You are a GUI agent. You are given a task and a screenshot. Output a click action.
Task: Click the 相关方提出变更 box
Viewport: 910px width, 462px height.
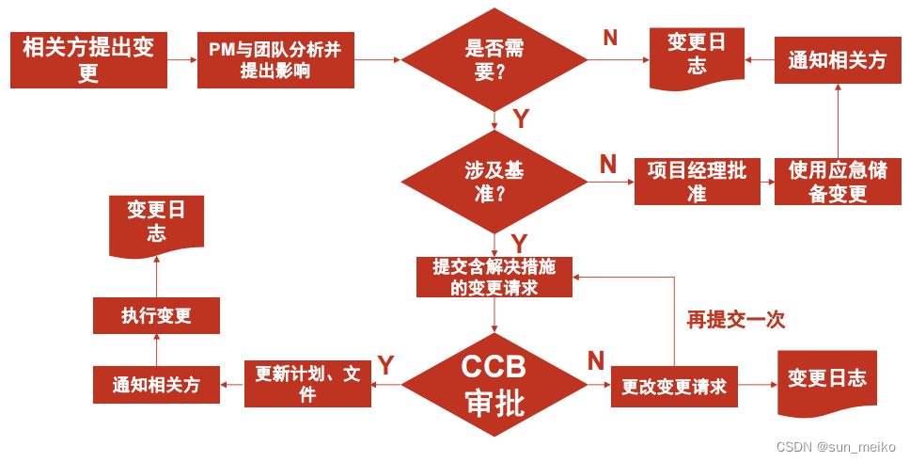tap(88, 59)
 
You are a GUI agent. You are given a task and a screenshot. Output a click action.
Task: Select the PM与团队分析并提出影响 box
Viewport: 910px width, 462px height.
tap(275, 59)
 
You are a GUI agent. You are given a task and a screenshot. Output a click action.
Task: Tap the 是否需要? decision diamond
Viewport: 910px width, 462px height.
tap(494, 60)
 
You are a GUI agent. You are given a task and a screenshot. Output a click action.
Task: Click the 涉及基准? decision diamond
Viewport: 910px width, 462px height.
tap(494, 182)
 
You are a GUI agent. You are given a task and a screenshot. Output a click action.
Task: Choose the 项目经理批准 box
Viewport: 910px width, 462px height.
tap(697, 182)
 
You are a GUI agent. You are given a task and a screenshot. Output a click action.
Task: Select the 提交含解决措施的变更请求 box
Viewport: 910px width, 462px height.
tap(494, 277)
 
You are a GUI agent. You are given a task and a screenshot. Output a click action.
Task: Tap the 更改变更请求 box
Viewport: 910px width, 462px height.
tap(674, 386)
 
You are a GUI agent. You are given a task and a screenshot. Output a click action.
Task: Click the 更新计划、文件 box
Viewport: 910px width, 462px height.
tap(307, 384)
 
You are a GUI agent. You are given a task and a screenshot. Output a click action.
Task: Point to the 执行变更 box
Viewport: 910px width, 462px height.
tap(156, 315)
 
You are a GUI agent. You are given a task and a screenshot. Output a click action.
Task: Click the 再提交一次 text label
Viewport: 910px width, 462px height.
tap(735, 320)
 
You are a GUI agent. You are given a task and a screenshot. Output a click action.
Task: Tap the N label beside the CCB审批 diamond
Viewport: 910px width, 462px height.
tap(596, 360)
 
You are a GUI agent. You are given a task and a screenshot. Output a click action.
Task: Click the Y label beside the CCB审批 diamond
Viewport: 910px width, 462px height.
tap(385, 363)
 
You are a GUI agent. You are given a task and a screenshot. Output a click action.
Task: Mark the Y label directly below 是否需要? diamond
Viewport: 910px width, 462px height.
tap(521, 119)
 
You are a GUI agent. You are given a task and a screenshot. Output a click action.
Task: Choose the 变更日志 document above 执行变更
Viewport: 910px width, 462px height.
tap(156, 223)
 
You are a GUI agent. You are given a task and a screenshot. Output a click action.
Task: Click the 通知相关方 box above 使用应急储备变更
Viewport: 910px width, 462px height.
tap(837, 60)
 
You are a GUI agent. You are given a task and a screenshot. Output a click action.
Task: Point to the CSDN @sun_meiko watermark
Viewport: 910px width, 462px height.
tap(836, 447)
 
